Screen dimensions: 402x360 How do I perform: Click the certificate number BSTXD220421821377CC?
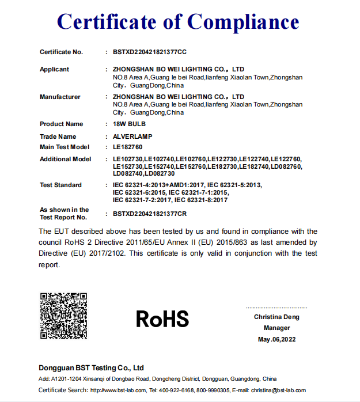150,52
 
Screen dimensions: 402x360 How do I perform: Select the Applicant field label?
54,70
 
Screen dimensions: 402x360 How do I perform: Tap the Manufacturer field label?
60,97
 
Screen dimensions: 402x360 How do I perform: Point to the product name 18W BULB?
130,124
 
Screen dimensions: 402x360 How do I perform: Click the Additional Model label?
65,160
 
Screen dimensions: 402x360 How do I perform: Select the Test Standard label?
60,185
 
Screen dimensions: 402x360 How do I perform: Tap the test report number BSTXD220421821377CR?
150,214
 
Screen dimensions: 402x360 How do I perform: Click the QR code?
63,316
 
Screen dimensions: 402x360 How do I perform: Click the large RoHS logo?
162,318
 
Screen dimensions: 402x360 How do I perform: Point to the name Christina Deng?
276,317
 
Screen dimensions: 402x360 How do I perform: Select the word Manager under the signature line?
276,328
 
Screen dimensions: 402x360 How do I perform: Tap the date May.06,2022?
276,340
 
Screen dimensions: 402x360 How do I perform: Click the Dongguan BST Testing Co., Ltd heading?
91,368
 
